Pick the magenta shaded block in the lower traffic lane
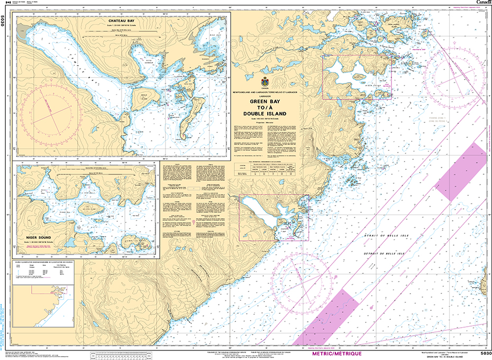click(x=326, y=317)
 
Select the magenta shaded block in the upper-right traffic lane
click(x=459, y=171)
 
